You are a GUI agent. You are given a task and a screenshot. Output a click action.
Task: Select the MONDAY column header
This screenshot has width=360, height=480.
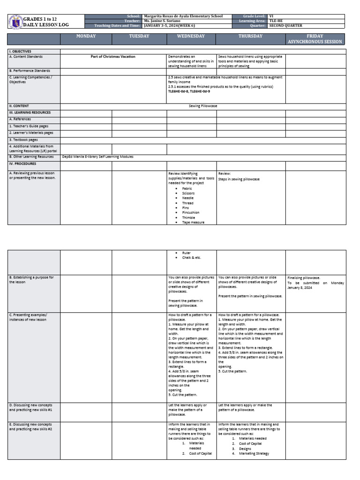click(x=86, y=37)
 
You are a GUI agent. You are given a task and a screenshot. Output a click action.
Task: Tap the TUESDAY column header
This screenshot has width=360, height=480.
click(x=139, y=37)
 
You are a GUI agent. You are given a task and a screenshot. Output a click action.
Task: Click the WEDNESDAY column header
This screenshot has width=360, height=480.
click(x=191, y=37)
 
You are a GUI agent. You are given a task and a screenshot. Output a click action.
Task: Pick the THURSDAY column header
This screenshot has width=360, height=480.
click(x=250, y=37)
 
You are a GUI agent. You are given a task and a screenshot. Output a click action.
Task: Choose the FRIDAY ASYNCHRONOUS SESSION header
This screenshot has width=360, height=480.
click(x=315, y=39)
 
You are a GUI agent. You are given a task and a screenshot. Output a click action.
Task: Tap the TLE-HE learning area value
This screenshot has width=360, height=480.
click(x=276, y=21)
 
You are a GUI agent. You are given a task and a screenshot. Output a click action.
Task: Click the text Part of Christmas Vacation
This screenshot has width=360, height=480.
click(x=113, y=57)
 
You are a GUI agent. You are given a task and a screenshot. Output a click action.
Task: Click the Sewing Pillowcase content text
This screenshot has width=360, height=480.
click(x=203, y=106)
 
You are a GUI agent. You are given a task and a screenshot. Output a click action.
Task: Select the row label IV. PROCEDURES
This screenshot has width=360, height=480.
click(x=23, y=164)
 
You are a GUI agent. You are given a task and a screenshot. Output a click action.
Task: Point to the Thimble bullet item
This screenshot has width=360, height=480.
click(x=188, y=217)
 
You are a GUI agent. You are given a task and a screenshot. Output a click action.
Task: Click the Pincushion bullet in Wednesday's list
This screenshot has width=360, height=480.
click(x=190, y=212)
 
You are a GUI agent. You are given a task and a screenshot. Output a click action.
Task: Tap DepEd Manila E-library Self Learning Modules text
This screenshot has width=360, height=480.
click(x=98, y=157)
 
